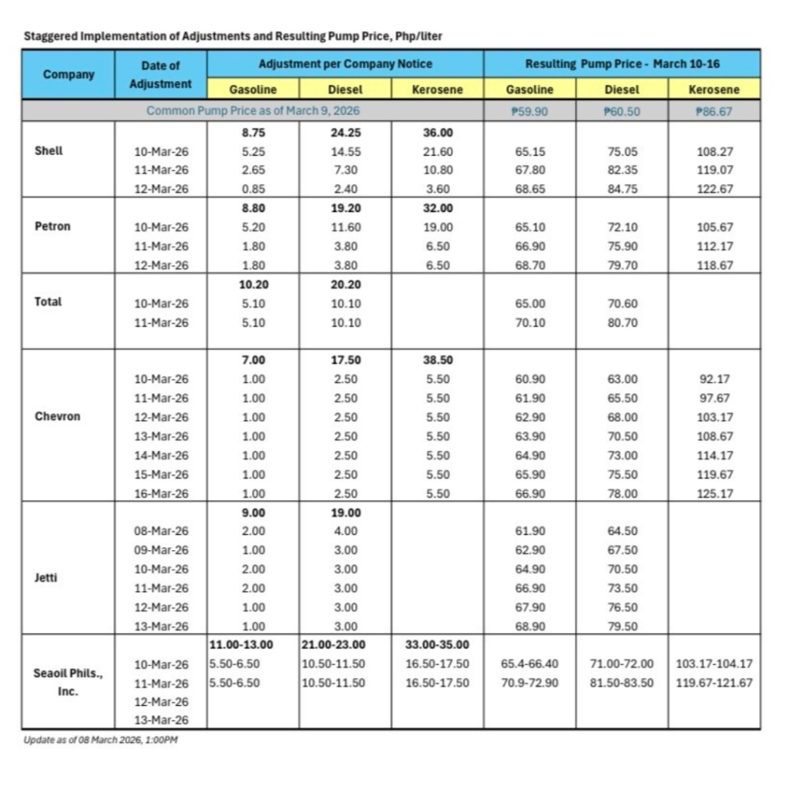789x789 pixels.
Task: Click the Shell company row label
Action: pos(49,151)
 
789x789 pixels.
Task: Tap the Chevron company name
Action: pos(58,417)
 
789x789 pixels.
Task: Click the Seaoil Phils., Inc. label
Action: pos(68,682)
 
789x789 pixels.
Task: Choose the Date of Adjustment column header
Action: pos(160,75)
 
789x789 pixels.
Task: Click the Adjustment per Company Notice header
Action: pos(345,64)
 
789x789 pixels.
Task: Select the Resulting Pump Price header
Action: pos(622,64)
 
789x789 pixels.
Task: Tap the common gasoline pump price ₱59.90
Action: pos(529,111)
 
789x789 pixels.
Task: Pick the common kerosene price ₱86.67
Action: pos(713,111)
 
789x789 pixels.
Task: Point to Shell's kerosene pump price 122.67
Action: pos(713,190)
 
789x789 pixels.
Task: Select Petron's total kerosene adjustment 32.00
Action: pos(438,208)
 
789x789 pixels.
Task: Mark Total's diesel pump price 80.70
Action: pos(622,323)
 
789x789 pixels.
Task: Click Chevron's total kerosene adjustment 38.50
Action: pos(438,360)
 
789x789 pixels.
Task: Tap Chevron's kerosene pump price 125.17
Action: pos(713,493)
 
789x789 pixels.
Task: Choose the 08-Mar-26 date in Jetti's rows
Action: pos(161,531)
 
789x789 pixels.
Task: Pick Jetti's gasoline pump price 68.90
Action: pos(529,626)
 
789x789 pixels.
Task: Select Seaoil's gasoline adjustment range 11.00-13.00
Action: pos(241,645)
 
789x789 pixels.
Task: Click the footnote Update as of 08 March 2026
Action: pos(101,740)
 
